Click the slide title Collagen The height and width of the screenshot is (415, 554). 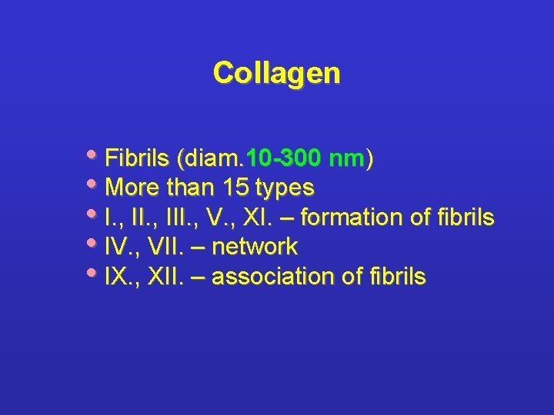pos(276,73)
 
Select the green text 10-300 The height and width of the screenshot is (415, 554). pos(282,159)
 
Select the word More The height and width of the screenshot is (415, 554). pos(131,188)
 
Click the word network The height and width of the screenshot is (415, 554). pos(254,247)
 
